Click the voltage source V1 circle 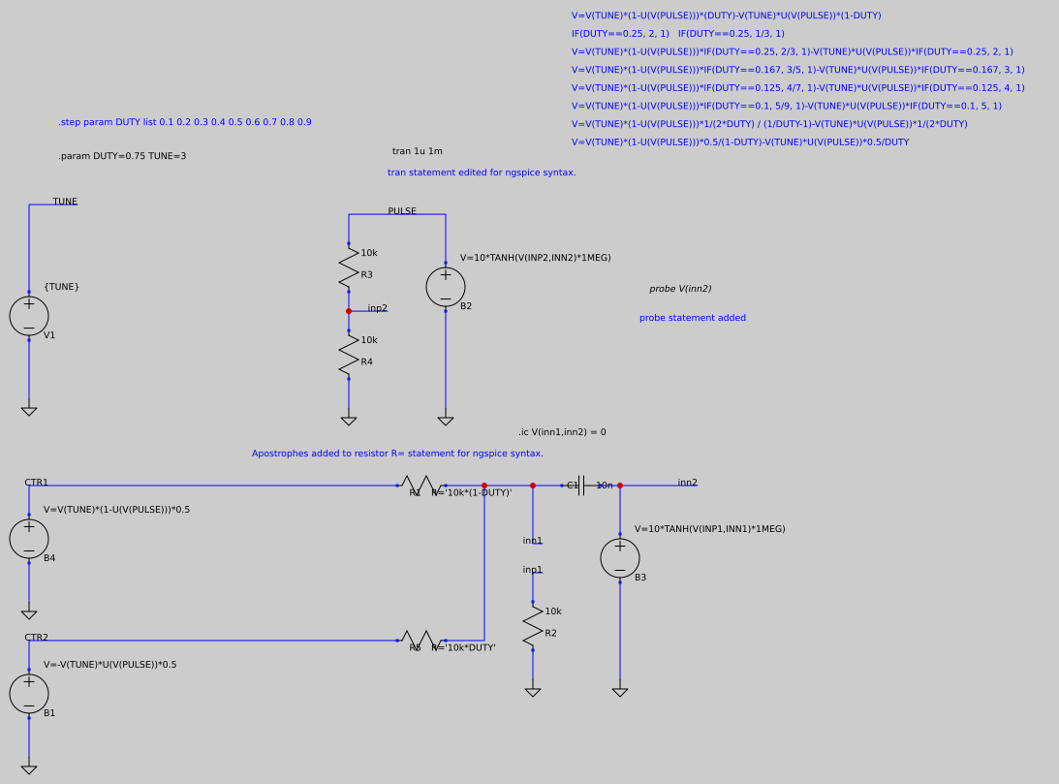[29, 316]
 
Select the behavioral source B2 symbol [446, 287]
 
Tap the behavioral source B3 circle [620, 558]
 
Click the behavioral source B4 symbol [29, 539]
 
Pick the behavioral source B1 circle [29, 694]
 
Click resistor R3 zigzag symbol [349, 267]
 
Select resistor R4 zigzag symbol [349, 355]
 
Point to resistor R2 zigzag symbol [533, 626]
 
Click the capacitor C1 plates [580, 486]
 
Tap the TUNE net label [65, 202]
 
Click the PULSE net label [402, 211]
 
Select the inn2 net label [687, 483]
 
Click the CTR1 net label [36, 483]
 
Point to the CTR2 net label [36, 638]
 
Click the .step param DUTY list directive [184, 122]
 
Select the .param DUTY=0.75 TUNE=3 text [122, 156]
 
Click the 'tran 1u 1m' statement [417, 151]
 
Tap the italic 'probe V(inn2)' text [680, 289]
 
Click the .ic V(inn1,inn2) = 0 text [562, 432]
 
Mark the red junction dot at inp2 [349, 311]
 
